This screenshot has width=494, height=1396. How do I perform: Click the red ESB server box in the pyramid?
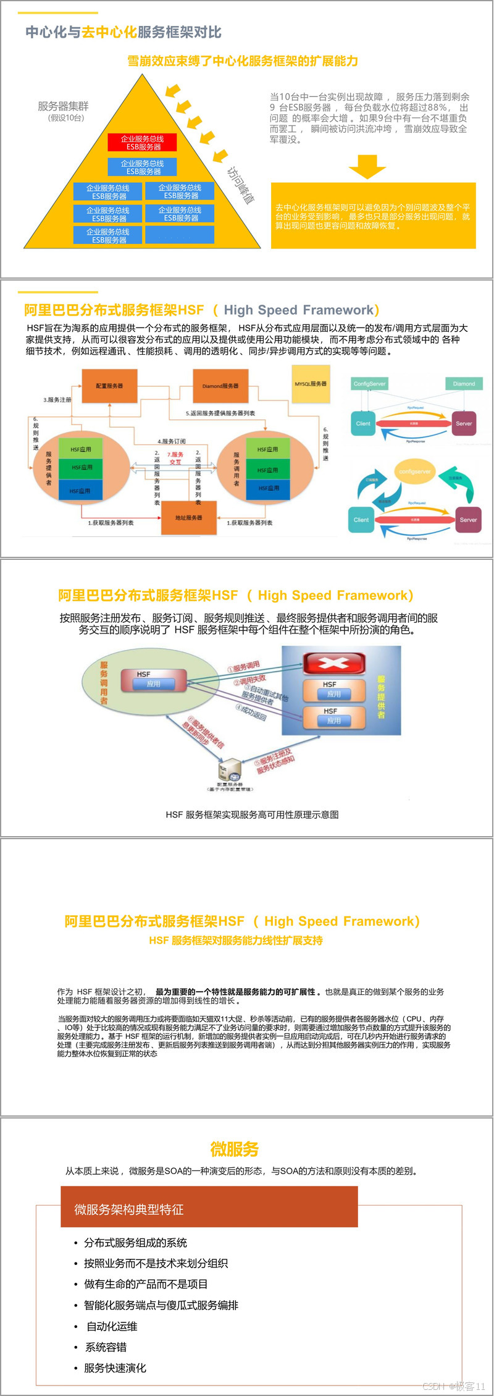tap(143, 143)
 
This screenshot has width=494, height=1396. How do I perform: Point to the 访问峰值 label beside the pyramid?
tap(240, 185)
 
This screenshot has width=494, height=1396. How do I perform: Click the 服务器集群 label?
tap(63, 106)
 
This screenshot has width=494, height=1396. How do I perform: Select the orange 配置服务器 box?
tap(109, 386)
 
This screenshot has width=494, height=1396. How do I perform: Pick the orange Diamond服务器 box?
tap(220, 386)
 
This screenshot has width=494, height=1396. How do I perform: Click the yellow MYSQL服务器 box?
tap(311, 384)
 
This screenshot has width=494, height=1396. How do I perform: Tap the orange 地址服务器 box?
tap(188, 517)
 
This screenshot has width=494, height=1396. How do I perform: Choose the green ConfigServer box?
tap(369, 384)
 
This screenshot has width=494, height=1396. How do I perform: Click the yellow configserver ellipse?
tap(414, 472)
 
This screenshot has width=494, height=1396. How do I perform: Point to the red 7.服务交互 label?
tap(175, 458)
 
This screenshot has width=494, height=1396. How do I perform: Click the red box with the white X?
tap(334, 663)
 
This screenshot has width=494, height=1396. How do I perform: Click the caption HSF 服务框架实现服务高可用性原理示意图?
tap(252, 814)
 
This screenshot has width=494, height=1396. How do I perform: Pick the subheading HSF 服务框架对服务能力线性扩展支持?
tap(236, 940)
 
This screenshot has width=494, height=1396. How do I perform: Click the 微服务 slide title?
tap(234, 1149)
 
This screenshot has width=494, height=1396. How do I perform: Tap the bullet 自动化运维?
tap(112, 1326)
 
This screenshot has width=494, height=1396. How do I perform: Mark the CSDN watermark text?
tap(454, 1386)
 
